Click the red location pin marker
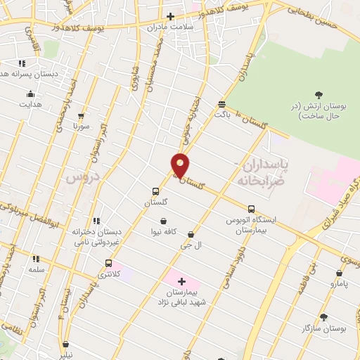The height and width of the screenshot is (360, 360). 181,165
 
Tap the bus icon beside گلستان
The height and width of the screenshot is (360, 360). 156,191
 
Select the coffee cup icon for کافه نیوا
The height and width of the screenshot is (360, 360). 163,220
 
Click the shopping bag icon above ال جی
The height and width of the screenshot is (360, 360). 191,233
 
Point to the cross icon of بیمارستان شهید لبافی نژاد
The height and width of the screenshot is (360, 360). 182,281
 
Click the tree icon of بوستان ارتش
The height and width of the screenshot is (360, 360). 319,94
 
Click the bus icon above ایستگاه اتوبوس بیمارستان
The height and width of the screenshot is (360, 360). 251,208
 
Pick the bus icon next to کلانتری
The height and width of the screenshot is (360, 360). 108,263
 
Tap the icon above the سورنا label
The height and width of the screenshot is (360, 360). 82,116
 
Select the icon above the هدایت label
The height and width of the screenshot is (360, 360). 30,94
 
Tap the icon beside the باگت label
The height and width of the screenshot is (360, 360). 222,103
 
